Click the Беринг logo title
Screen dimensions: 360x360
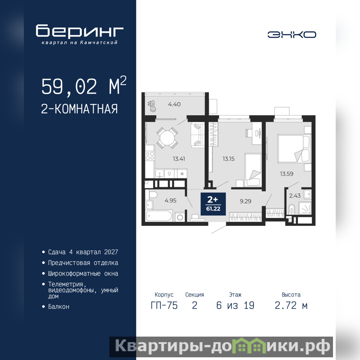80,31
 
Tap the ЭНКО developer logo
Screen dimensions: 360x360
292,35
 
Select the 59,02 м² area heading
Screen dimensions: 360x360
84,85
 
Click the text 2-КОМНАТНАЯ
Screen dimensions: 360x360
80,109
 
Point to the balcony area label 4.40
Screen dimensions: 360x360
174,104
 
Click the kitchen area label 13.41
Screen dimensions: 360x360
179,159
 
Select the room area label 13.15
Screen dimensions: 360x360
229,159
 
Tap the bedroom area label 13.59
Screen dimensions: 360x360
287,174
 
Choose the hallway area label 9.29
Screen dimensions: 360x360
245,201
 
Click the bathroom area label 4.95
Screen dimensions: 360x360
171,200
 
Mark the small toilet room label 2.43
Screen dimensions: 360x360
295,196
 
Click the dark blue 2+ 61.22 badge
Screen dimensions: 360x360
213,204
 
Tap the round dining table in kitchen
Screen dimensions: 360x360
167,138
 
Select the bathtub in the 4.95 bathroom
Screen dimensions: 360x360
159,216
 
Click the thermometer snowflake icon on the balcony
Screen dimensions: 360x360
152,106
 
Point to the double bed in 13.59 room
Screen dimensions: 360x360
294,149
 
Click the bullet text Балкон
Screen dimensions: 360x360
58,307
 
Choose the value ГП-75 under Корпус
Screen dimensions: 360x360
164,306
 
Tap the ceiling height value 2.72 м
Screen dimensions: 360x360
291,306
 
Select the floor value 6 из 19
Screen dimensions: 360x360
235,306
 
